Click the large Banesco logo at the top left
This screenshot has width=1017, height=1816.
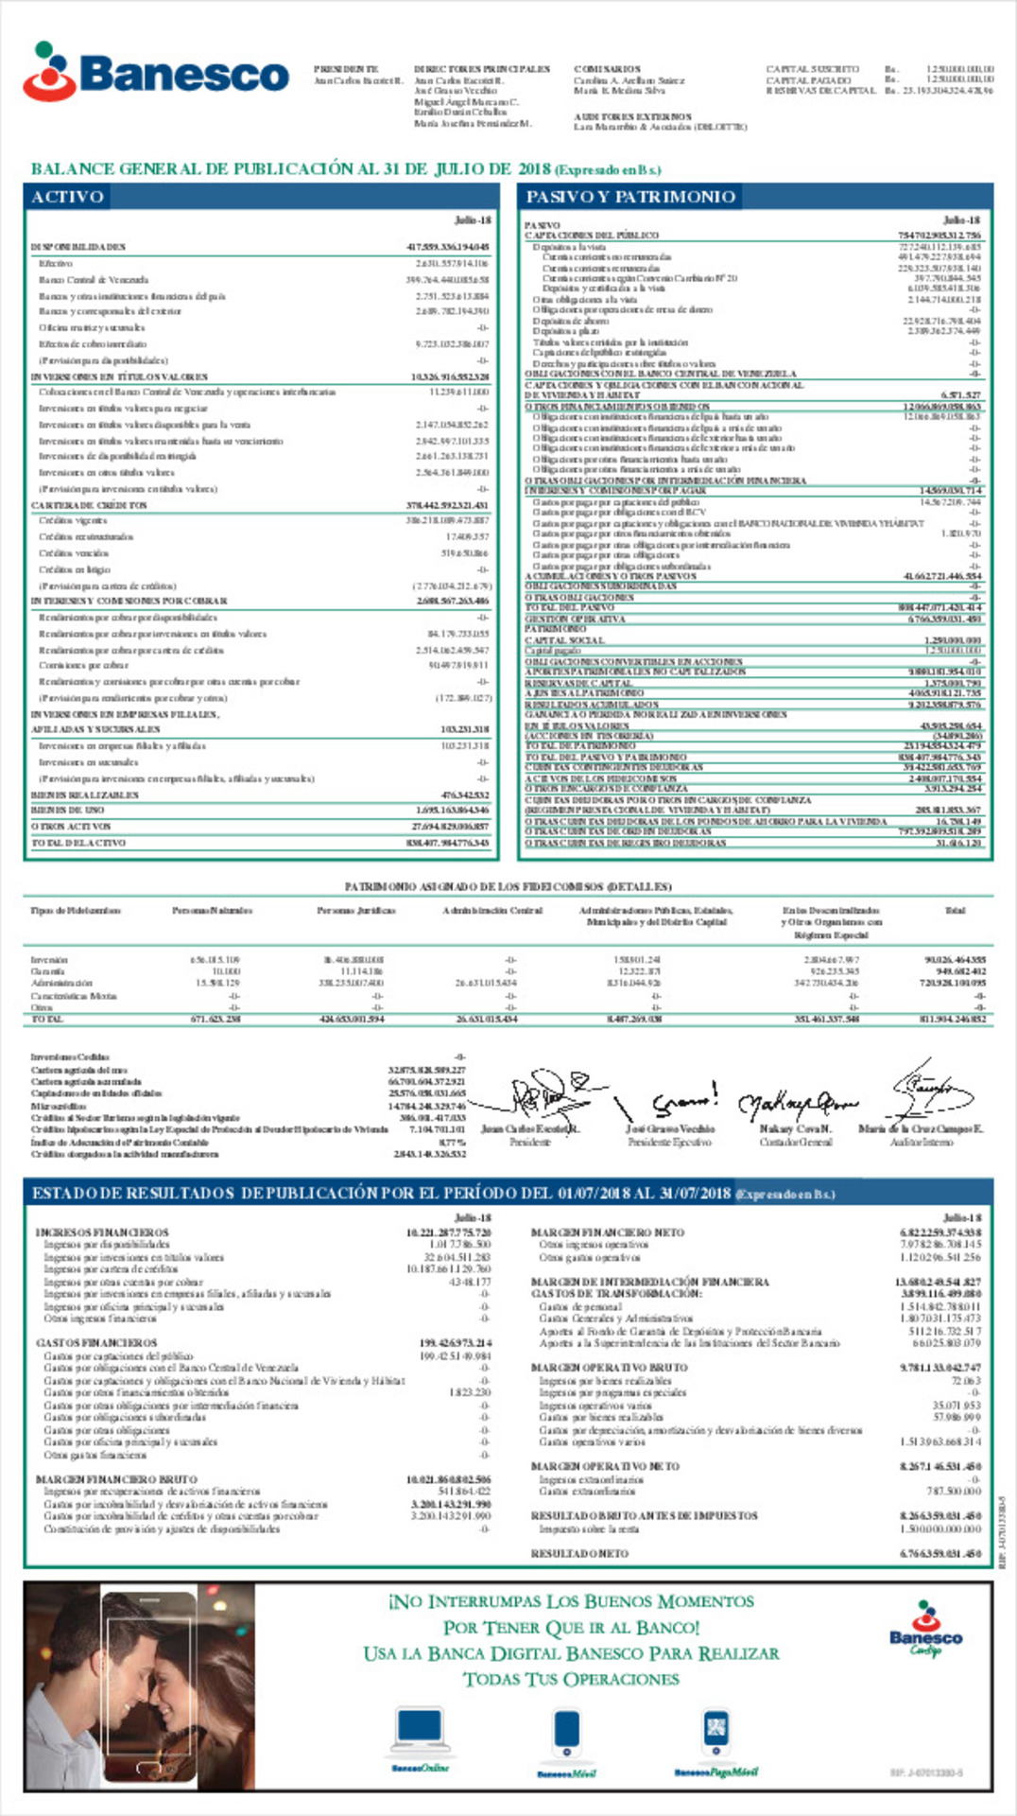(x=156, y=72)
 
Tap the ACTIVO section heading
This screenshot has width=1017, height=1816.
(x=67, y=197)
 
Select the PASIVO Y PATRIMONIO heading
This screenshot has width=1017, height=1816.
(x=630, y=197)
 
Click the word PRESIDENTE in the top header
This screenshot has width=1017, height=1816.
(x=346, y=69)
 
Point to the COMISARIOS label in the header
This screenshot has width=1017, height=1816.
(x=607, y=69)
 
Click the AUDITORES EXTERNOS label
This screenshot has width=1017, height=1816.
(x=632, y=116)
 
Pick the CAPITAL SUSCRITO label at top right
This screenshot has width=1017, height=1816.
(x=812, y=69)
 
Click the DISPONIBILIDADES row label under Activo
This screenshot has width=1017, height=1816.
(x=78, y=247)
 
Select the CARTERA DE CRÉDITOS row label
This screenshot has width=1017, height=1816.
(x=89, y=506)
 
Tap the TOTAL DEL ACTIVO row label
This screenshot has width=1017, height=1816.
(x=78, y=843)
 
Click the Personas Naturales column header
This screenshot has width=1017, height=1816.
(x=212, y=911)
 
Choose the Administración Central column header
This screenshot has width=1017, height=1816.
(x=492, y=911)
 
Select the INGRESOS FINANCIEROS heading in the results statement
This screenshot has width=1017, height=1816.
(x=102, y=1232)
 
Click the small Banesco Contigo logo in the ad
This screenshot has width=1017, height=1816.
(x=925, y=1629)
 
